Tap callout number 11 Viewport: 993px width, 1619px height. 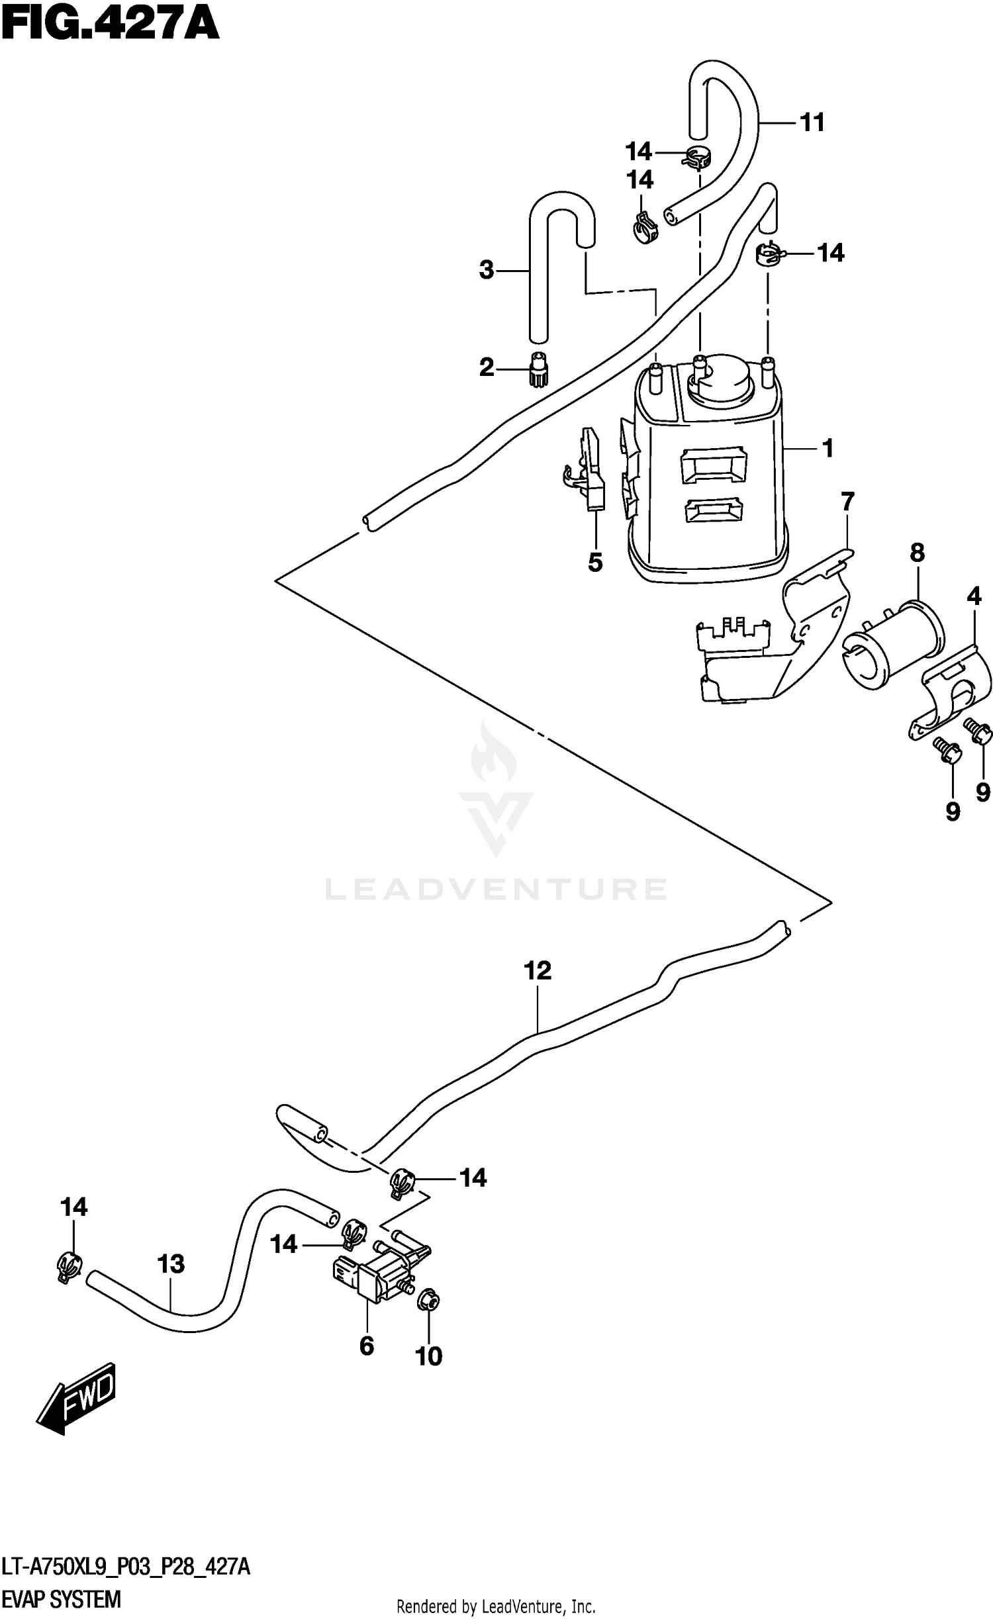point(812,123)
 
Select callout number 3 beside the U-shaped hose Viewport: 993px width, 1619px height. point(487,270)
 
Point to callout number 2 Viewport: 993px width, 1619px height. point(487,367)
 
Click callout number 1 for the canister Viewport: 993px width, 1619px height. point(827,449)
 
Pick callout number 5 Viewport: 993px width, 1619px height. point(595,563)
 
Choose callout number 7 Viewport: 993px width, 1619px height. point(848,502)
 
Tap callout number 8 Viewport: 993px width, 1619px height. point(917,552)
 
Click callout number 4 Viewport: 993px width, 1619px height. point(974,597)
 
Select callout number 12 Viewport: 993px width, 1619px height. point(537,971)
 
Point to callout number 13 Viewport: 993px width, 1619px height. point(171,1264)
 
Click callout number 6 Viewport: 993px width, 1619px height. point(367,1346)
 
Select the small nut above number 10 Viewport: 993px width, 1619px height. point(429,1302)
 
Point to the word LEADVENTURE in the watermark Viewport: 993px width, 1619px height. point(496,890)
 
